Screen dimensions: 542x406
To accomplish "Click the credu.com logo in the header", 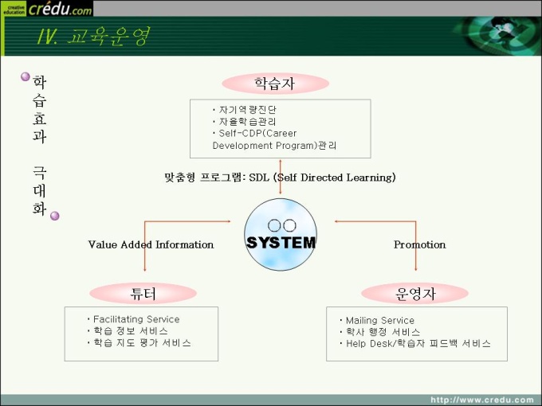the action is [x=47, y=8].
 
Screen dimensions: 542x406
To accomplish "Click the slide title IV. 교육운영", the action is [x=93, y=37].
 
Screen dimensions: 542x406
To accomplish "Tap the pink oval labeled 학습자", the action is [x=275, y=84].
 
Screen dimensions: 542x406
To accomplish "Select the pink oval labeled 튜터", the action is [x=143, y=294].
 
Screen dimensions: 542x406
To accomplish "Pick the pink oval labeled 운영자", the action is [x=414, y=294].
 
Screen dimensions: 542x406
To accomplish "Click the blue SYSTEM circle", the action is [x=281, y=234].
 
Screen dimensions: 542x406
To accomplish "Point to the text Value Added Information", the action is [x=151, y=244].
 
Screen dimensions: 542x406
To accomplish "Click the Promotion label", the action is [x=419, y=244].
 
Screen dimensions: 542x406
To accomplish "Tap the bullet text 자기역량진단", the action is [x=248, y=110].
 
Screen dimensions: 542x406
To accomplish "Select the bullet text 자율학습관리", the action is [x=248, y=122].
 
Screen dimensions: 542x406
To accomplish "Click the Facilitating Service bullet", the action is [x=136, y=319].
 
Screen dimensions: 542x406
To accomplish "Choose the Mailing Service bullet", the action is [x=380, y=320].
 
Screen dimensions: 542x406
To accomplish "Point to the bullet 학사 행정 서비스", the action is [x=383, y=332].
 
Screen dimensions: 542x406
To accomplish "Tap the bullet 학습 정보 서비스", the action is [x=131, y=331].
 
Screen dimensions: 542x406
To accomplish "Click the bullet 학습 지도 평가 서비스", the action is [x=142, y=343].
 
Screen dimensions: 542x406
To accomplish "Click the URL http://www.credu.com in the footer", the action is [x=482, y=400].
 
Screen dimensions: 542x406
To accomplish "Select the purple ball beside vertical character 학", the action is [x=26, y=76].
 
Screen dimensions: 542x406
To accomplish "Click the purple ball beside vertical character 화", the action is [x=55, y=216].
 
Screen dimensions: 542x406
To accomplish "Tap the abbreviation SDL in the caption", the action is [x=259, y=178].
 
